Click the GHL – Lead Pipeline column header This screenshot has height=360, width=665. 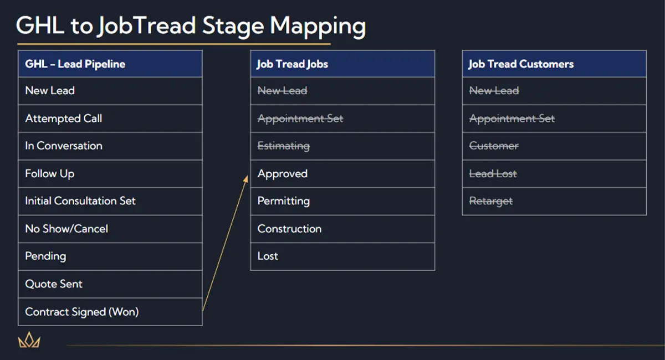tap(110, 64)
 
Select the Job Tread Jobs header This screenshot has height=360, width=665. tap(342, 64)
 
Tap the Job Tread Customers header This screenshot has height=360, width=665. tap(554, 64)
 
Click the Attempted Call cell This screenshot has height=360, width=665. tap(110, 119)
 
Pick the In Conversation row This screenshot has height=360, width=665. tap(110, 146)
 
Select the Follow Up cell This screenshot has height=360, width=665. tap(110, 173)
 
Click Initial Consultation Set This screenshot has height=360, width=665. tap(110, 201)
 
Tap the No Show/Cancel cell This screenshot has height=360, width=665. tap(110, 229)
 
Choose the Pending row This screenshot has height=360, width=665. tap(110, 256)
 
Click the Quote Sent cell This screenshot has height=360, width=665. tap(110, 284)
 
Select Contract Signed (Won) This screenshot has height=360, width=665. tap(110, 312)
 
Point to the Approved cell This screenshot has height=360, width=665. tap(342, 173)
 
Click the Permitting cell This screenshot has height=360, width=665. tap(342, 201)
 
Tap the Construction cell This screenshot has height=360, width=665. tap(342, 229)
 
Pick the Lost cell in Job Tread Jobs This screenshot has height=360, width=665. tap(342, 256)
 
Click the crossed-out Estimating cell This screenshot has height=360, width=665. tap(342, 146)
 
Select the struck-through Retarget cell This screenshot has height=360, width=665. tap(554, 201)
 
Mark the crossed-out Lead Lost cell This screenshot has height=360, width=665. tap(554, 173)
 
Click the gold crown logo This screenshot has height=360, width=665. tap(29, 340)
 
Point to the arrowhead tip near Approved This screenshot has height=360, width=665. tap(247, 176)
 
